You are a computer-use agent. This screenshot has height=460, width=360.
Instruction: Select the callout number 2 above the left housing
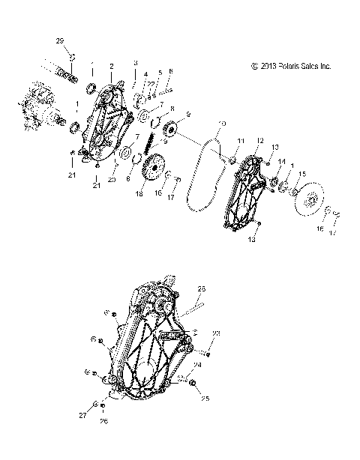(111, 66)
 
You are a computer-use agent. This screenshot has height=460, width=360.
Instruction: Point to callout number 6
(170, 71)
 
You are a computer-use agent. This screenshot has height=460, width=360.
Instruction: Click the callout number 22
(151, 84)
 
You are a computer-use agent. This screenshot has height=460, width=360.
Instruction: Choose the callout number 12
(259, 140)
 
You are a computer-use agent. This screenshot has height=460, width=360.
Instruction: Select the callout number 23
(216, 332)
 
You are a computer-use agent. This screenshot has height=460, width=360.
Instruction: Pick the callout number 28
(202, 288)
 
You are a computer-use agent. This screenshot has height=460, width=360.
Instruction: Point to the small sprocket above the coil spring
(166, 128)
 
